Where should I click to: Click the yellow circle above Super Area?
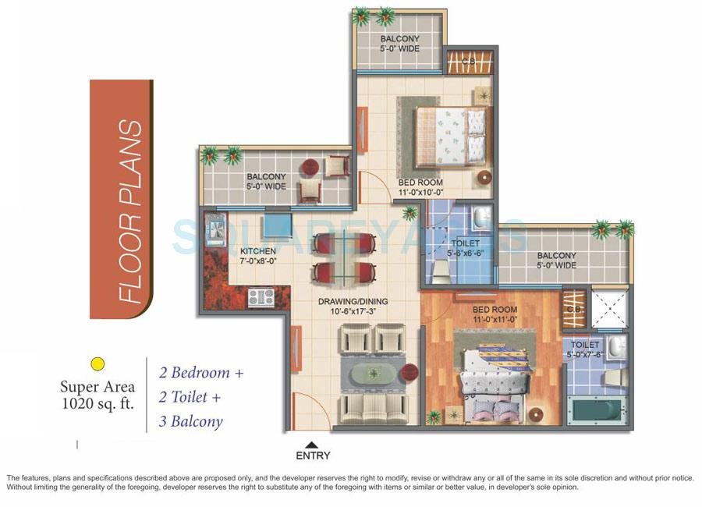coord(97,363)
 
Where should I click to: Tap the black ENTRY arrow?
coord(313,445)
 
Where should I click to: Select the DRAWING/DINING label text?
coord(353,302)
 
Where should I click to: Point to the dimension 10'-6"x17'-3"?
coord(353,312)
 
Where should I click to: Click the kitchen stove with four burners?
coord(261,296)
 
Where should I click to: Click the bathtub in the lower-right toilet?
coord(597,409)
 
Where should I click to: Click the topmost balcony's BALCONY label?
coord(399,39)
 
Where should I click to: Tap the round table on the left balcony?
coord(310,166)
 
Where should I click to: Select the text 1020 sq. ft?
coord(97,403)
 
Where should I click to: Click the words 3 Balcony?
coord(191,422)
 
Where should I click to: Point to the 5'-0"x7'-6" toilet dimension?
coord(585,354)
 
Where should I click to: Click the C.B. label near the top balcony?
coord(470,62)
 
